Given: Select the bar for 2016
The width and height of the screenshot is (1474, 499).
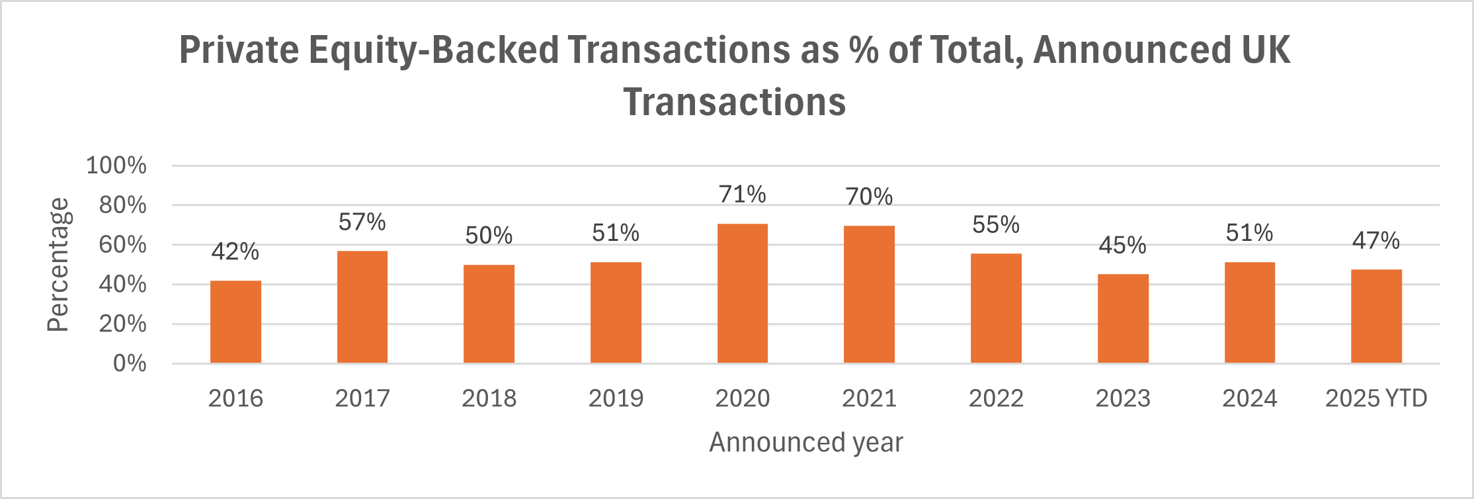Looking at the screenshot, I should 235,322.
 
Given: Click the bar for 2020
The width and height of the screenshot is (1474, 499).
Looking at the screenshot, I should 742,294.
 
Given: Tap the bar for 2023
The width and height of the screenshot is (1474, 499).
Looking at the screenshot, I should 1123,318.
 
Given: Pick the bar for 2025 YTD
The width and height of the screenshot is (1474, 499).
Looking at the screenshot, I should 1376,316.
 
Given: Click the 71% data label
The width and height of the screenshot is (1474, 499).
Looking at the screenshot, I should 742,195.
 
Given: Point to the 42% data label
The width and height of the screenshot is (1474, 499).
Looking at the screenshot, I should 235,251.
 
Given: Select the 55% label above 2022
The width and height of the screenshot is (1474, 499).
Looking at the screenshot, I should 996,225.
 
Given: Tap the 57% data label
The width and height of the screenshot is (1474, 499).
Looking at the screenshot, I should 362,222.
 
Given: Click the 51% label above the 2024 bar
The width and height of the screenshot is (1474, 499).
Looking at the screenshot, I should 1249,233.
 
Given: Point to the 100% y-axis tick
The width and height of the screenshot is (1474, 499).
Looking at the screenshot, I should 116,165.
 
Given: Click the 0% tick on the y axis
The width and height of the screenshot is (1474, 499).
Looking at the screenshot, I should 130,363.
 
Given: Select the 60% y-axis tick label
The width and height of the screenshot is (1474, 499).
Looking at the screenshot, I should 123,245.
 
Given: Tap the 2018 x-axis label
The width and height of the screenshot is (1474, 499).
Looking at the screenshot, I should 489,398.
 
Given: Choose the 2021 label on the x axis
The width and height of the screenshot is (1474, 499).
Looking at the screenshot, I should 869,398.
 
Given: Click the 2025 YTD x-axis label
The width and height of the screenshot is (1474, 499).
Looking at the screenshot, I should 1376,398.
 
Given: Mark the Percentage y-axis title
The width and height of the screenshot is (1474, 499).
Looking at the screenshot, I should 58,265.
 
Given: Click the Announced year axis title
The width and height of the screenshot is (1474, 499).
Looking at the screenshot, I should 805,442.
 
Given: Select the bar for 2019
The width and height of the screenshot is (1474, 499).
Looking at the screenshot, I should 616,312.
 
